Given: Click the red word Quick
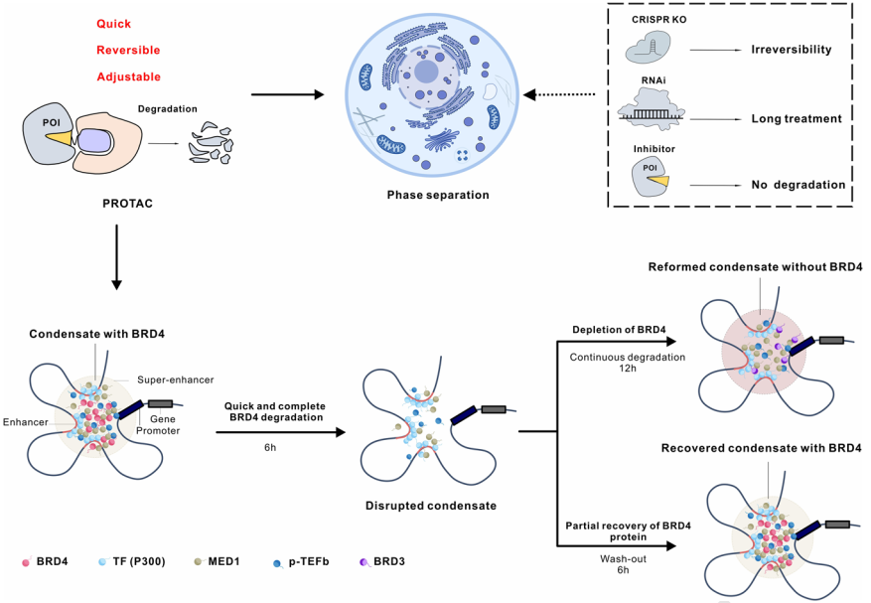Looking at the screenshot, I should (x=114, y=23).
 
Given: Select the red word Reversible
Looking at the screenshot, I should (x=127, y=50).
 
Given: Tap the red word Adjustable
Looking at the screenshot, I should (x=127, y=76).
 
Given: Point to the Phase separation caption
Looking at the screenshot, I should (x=438, y=196).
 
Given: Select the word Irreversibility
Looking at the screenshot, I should (x=798, y=48).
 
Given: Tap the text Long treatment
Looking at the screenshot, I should (x=797, y=118).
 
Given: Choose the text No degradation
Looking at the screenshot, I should (x=798, y=185).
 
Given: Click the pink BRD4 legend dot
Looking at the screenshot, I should (x=27, y=562).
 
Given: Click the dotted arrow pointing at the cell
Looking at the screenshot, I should (x=560, y=95).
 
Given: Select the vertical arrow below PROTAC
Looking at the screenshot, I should (x=117, y=257).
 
